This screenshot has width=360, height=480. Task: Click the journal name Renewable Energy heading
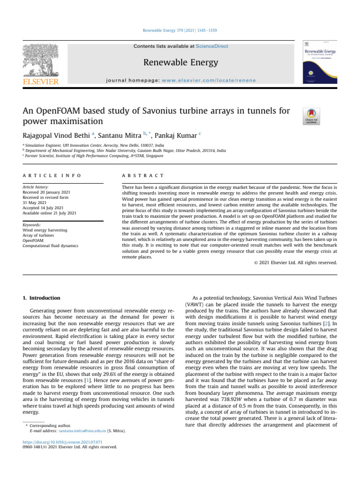180,62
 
